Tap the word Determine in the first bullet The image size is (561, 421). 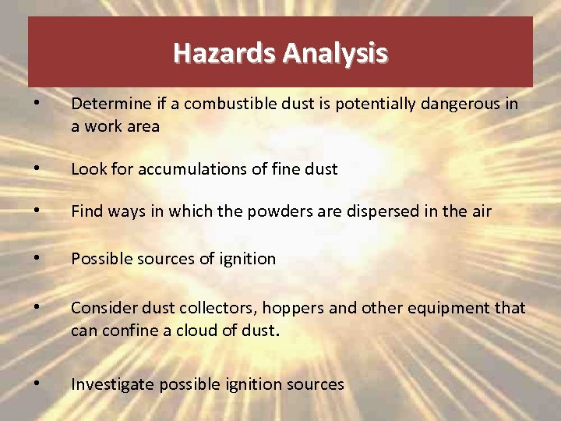109,104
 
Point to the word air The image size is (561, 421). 481,210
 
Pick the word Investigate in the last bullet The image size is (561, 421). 108,384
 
